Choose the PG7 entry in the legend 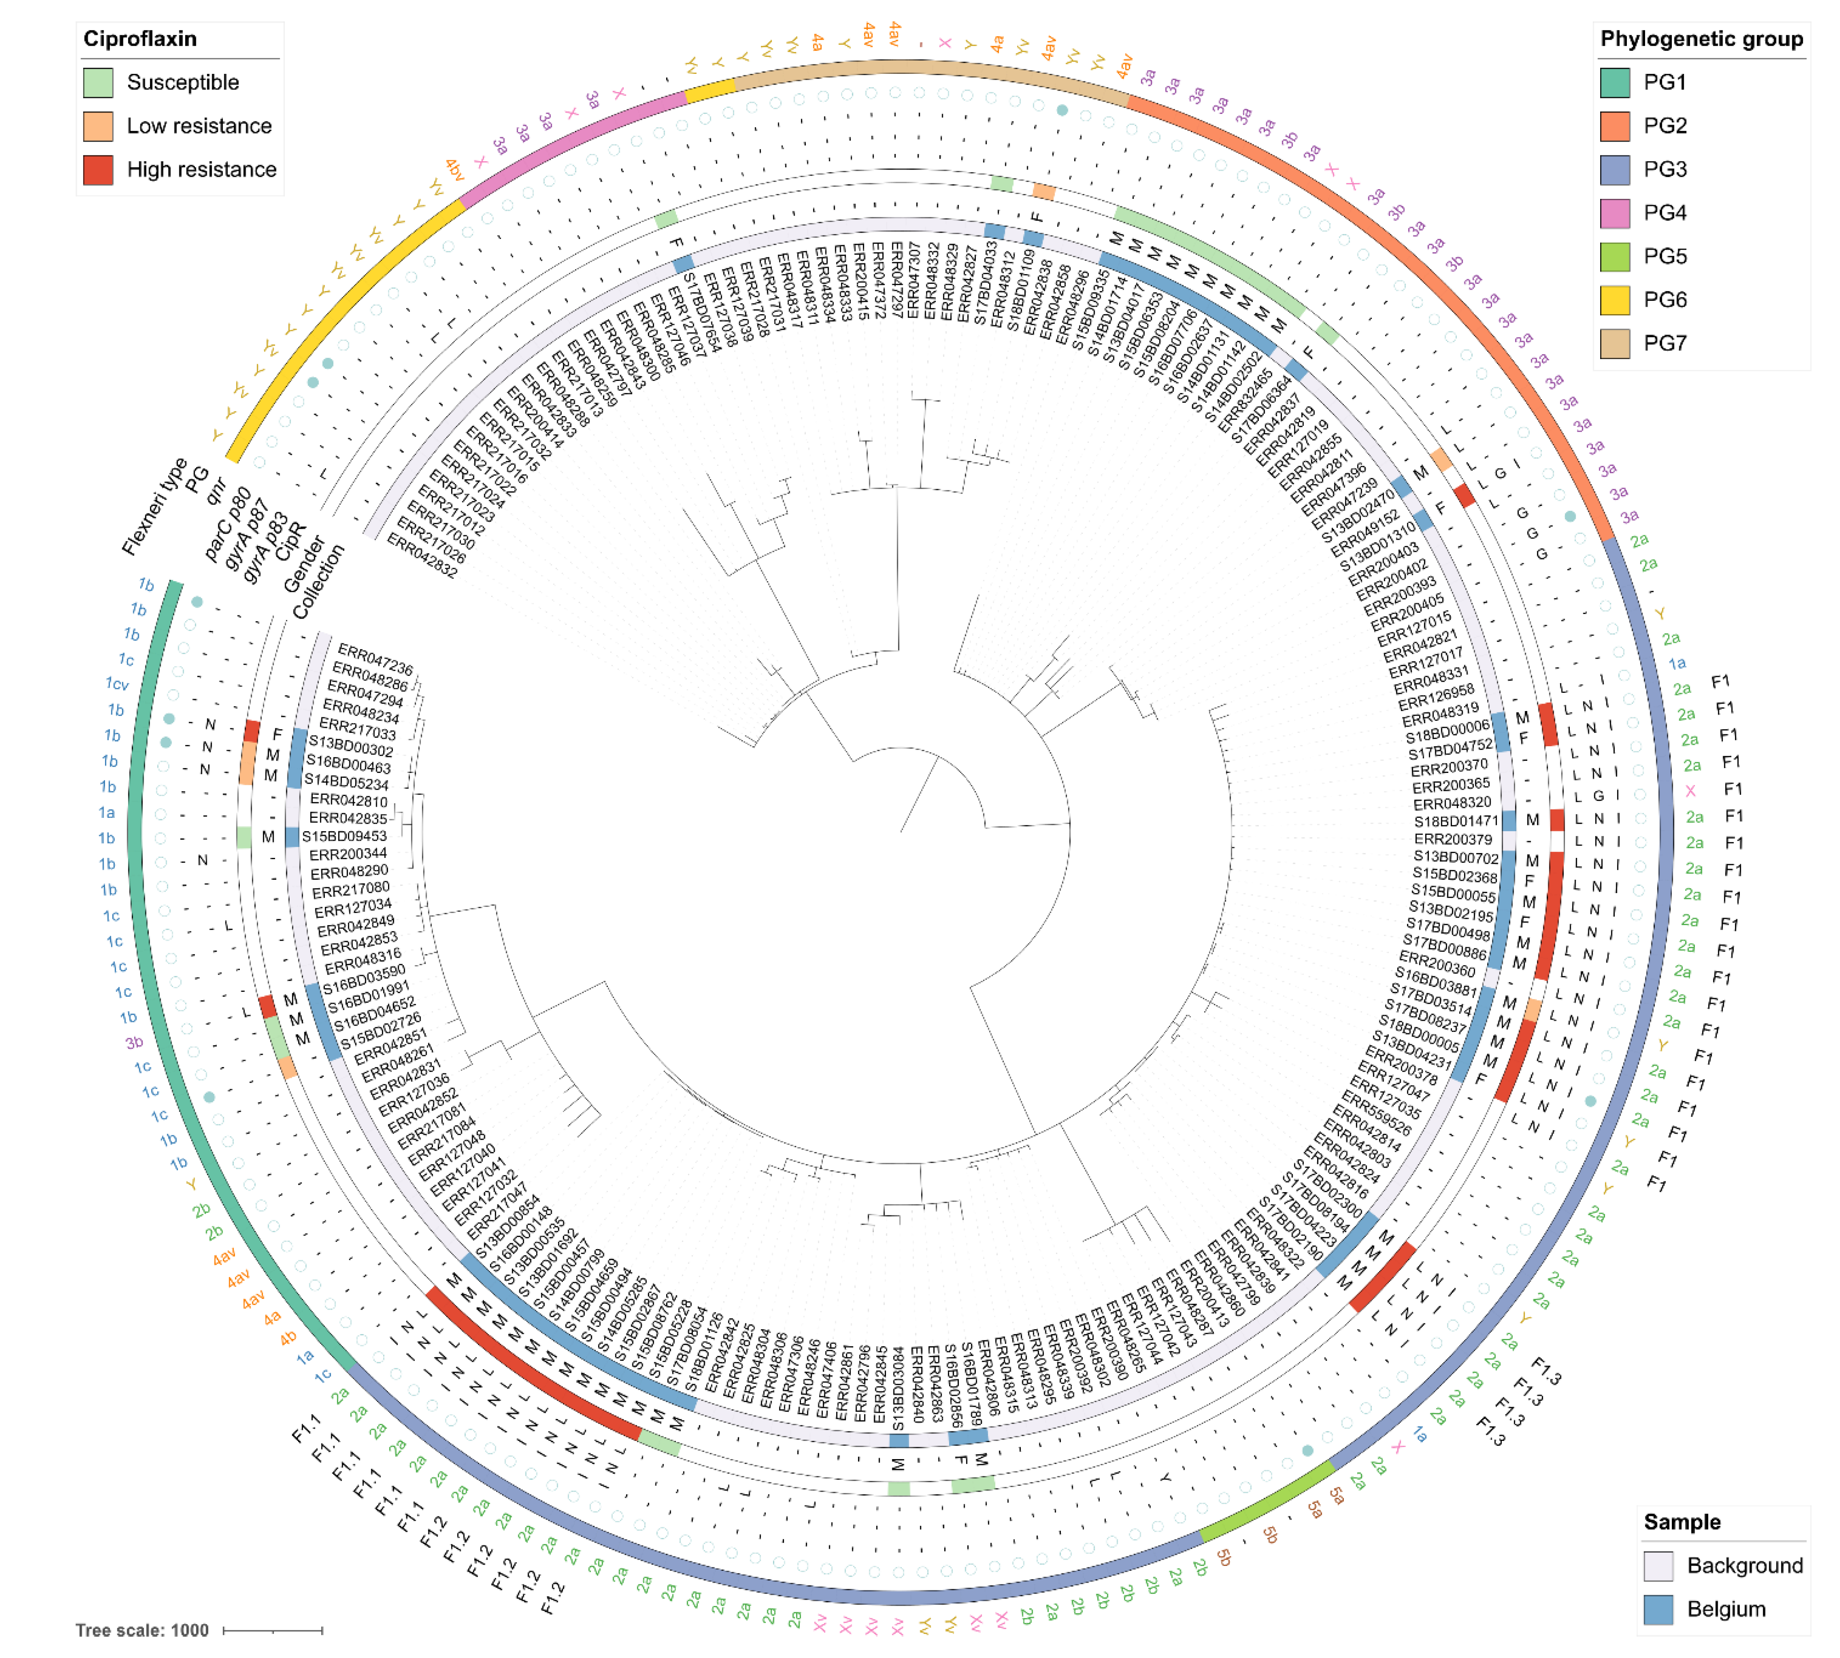(x=1664, y=344)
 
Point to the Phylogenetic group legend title (x=1701, y=39)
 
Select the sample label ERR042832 (x=421, y=556)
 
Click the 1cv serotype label (x=117, y=683)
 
